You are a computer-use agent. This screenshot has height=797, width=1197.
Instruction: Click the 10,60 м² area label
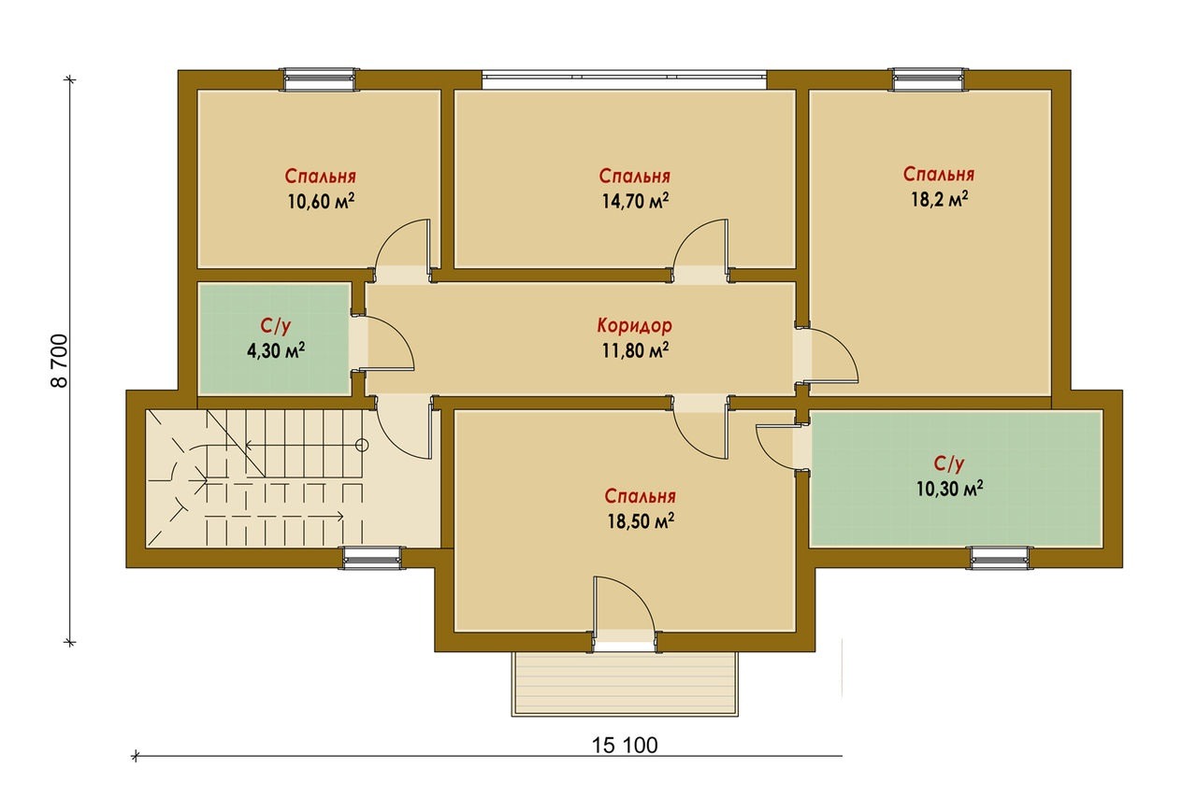(x=321, y=201)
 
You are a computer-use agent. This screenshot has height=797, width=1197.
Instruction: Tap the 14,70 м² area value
(x=635, y=201)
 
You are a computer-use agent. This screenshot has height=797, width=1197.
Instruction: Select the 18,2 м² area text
(x=940, y=199)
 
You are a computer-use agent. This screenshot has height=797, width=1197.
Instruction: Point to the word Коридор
(x=634, y=325)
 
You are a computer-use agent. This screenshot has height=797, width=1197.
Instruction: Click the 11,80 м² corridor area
(x=635, y=350)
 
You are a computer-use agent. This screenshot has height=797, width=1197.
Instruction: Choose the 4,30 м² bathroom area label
(x=276, y=350)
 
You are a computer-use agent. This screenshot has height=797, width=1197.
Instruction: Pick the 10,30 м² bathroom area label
(x=950, y=489)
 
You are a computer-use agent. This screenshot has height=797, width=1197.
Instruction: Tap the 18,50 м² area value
(x=641, y=520)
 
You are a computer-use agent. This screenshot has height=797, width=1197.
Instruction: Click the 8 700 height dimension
(x=59, y=361)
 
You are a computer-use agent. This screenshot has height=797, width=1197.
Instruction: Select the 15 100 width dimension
(x=625, y=746)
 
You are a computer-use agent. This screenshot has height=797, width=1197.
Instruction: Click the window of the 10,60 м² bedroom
(x=320, y=80)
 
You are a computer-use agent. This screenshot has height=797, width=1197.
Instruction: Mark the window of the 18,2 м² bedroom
(x=929, y=80)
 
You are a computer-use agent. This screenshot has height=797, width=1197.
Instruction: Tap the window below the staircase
(x=371, y=559)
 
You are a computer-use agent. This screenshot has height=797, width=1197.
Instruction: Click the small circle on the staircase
(x=362, y=444)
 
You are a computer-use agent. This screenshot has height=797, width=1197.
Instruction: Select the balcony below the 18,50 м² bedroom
(x=625, y=684)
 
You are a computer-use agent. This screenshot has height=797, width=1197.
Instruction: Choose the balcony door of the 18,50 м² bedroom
(x=624, y=613)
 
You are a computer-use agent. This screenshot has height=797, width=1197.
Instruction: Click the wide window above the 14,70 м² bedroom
(x=624, y=79)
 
